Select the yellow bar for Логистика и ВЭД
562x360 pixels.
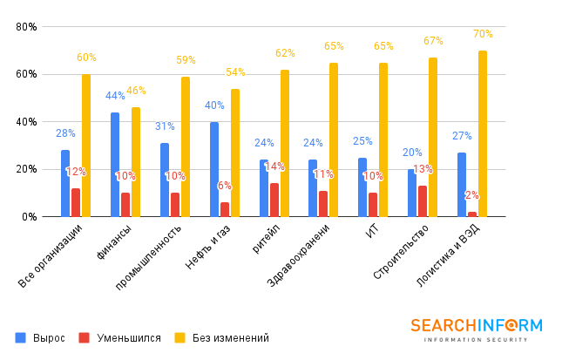[483, 133]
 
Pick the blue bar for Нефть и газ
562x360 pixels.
[214, 169]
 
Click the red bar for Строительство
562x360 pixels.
[423, 201]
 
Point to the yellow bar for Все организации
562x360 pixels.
[86, 145]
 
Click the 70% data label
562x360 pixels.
[483, 34]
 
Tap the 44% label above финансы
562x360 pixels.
[115, 96]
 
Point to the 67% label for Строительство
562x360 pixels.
[433, 41]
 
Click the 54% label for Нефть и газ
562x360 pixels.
[235, 72]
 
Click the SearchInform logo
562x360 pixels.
[476, 329]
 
